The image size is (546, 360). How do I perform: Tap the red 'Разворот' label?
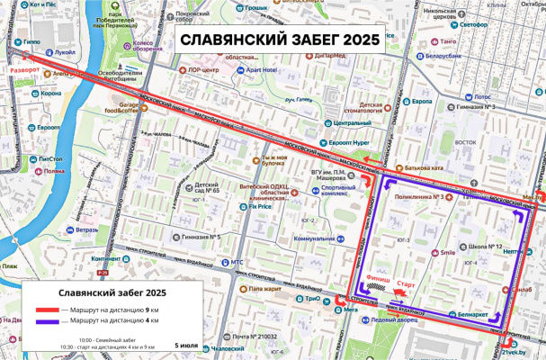[x=24, y=68]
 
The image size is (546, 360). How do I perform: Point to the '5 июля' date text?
[x=186, y=345]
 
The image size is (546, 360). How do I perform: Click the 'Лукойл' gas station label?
[x=65, y=52]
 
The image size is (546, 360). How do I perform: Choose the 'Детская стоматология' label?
[x=360, y=109]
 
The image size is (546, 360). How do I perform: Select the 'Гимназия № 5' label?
[x=201, y=237]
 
